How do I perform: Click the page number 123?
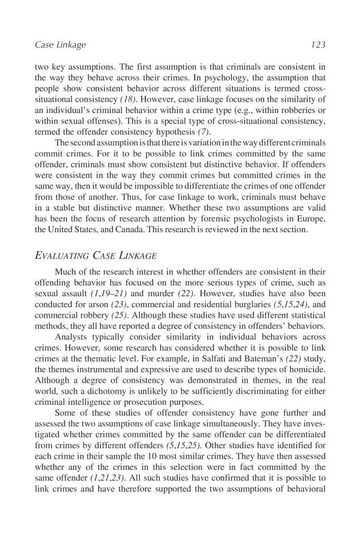[318, 45]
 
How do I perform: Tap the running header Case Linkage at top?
[60, 45]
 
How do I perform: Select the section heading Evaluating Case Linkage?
[96, 257]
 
